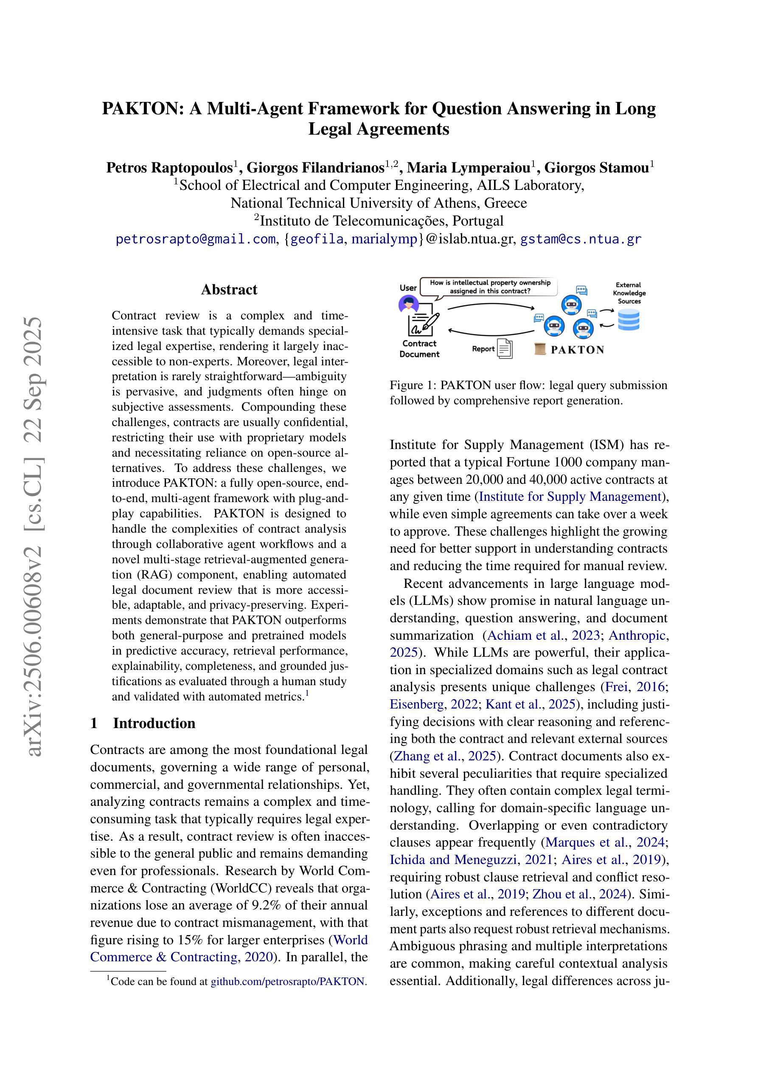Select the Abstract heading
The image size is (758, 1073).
point(229,289)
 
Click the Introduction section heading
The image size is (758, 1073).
point(154,723)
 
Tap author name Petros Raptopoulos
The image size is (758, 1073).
point(169,167)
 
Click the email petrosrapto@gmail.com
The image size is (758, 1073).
point(195,239)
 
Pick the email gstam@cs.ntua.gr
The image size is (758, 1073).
point(581,239)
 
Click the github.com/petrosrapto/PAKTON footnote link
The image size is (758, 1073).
point(287,981)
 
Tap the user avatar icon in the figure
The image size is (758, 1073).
point(408,305)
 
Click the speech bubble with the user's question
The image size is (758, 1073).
point(489,286)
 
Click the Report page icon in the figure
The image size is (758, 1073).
point(504,348)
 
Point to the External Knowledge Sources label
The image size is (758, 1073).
point(629,293)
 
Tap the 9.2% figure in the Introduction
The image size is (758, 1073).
point(267,905)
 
